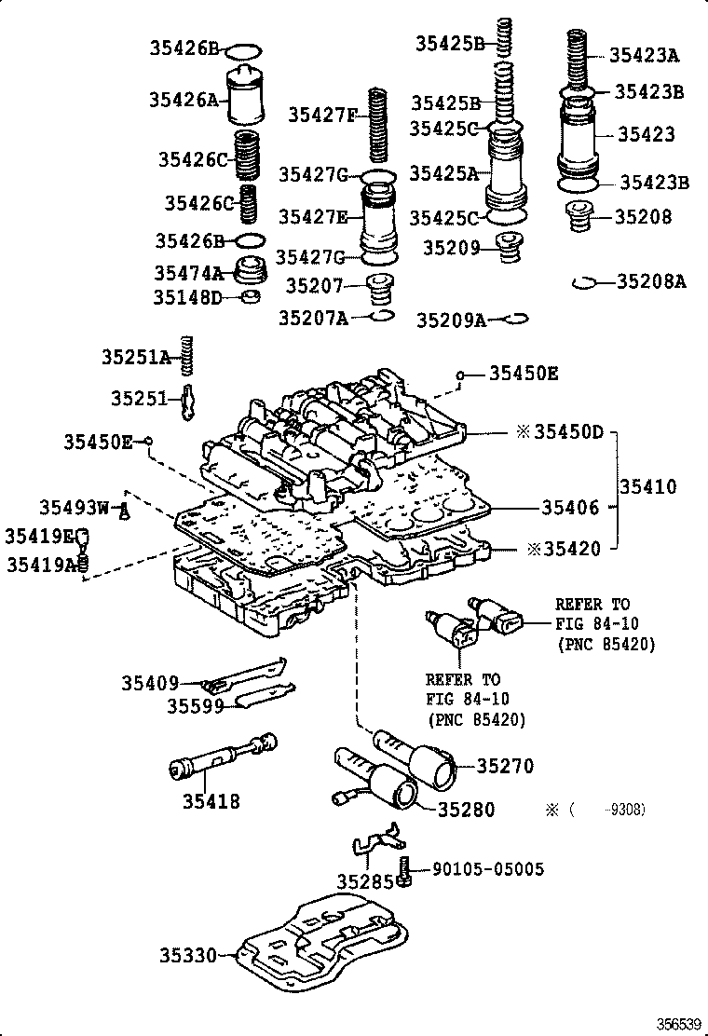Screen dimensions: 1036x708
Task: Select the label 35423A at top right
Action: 644,55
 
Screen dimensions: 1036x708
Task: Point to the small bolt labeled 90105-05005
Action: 404,871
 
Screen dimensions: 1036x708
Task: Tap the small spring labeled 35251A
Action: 186,356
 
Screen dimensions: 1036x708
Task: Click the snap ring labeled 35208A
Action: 584,281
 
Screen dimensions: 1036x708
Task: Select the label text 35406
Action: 569,508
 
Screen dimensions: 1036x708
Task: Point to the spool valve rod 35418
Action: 222,758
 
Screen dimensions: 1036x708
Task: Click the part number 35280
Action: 467,810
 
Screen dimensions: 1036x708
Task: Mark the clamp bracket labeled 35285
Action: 374,844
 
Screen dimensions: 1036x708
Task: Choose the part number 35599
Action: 196,705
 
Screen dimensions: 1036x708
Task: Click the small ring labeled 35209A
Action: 512,319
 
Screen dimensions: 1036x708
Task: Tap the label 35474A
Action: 189,272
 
